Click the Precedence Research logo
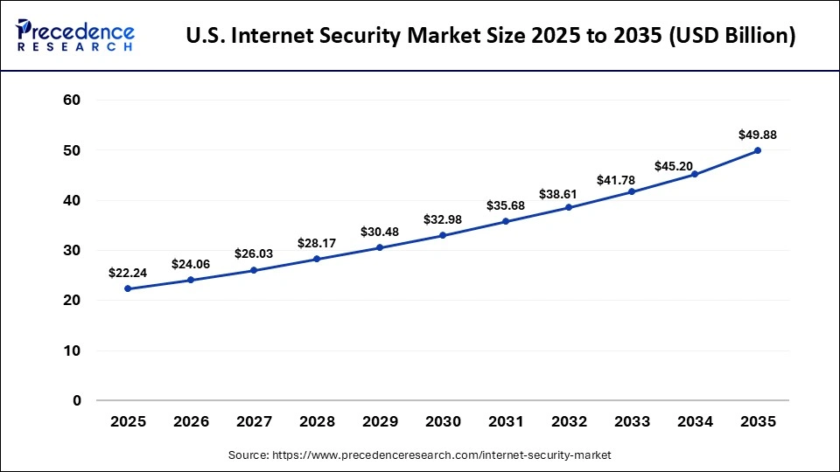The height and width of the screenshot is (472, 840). [75, 35]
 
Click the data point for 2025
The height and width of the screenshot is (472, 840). [128, 288]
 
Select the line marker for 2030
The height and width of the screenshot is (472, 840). [443, 235]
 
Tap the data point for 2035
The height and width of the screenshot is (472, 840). [758, 150]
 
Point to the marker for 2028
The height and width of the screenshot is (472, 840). [317, 259]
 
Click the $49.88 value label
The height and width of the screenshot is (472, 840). [758, 135]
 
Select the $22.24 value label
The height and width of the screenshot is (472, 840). [128, 273]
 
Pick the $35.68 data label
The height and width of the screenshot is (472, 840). [506, 205]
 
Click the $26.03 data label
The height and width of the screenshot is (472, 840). [254, 253]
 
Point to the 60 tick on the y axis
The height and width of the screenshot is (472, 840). [72, 101]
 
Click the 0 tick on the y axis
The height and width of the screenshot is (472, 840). [77, 401]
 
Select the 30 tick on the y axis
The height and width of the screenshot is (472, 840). [72, 251]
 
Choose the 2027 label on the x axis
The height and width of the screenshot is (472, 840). [254, 422]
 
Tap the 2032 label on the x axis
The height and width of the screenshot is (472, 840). [569, 422]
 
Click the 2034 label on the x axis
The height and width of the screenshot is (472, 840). [695, 422]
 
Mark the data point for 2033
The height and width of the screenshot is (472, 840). [632, 191]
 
